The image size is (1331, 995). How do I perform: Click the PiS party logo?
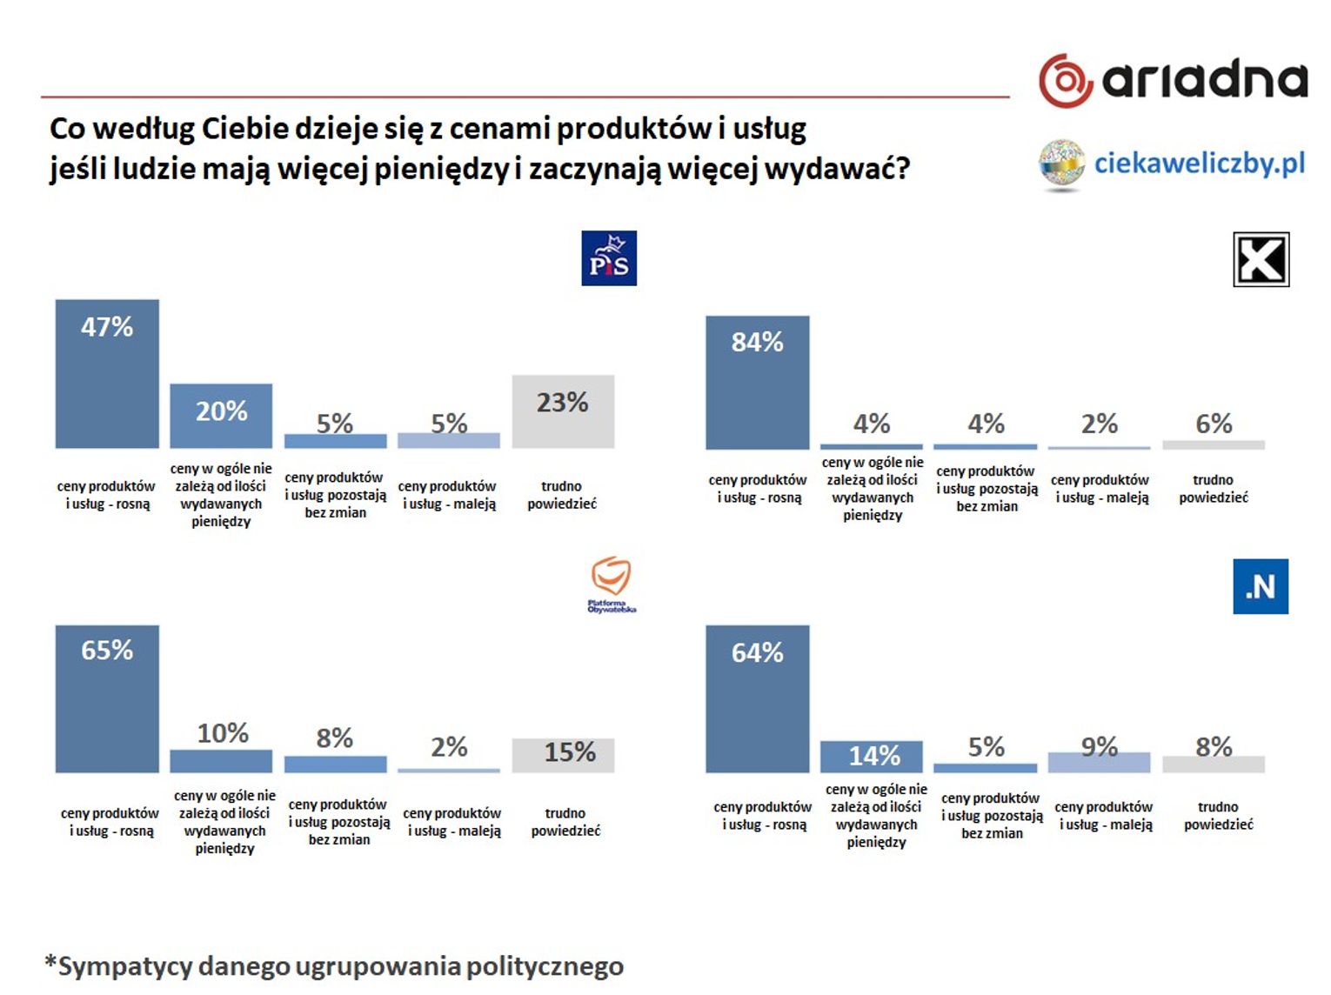click(x=609, y=258)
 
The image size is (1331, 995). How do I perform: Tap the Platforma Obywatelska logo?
click(x=611, y=583)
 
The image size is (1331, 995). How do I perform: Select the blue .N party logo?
click(x=1261, y=587)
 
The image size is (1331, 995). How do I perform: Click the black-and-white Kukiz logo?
click(x=1261, y=259)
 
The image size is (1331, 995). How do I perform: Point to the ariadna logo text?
click(x=1204, y=80)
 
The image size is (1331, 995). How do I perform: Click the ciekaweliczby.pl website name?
click(x=1199, y=164)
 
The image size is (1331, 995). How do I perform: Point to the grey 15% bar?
click(x=563, y=755)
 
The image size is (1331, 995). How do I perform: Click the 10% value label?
click(x=223, y=733)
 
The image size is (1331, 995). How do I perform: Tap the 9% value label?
click(x=1100, y=746)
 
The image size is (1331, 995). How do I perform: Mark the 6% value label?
click(x=1214, y=424)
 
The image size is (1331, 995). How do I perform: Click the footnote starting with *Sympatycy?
click(x=335, y=966)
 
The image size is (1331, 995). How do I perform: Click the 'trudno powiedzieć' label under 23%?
click(x=562, y=495)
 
